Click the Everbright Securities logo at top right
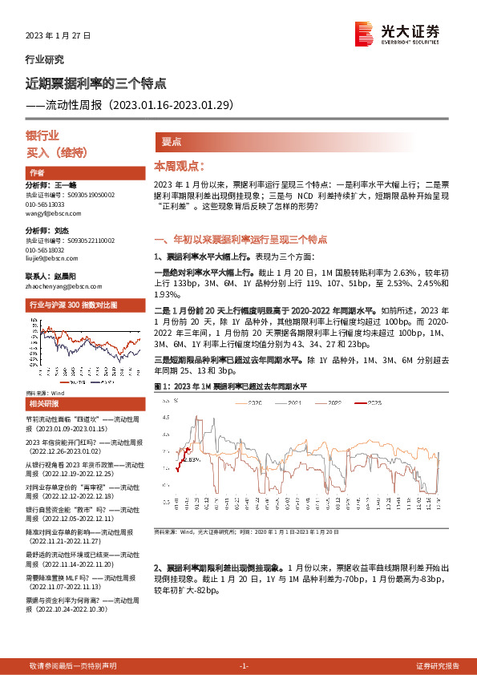pyautogui.click(x=398, y=32)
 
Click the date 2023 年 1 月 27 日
pyautogui.click(x=59, y=36)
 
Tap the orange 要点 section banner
pyautogui.click(x=172, y=141)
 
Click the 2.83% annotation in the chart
pyautogui.click(x=189, y=459)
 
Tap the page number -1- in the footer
pyautogui.click(x=244, y=665)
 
